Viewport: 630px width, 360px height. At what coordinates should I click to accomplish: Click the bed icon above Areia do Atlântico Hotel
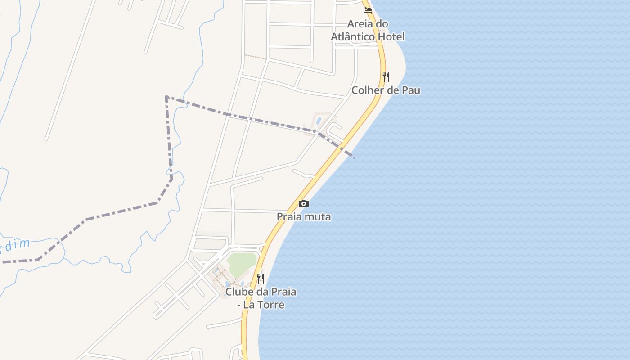click(368, 10)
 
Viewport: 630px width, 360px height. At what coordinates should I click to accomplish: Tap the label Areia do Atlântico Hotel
click(368, 30)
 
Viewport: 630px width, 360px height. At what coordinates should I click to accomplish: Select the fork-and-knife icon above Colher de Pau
click(386, 76)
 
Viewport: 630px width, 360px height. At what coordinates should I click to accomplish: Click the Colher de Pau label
click(386, 90)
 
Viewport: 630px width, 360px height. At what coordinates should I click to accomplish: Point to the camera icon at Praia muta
click(304, 203)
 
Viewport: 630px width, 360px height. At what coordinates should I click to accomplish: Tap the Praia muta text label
click(304, 217)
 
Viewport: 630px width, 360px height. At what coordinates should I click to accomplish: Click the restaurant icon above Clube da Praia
click(261, 279)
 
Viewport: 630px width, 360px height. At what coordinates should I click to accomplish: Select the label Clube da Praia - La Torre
click(261, 298)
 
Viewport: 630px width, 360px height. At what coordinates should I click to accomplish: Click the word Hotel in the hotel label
click(391, 37)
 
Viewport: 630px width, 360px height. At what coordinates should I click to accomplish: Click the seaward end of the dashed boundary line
click(355, 157)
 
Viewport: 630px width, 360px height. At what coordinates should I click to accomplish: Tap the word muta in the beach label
click(318, 217)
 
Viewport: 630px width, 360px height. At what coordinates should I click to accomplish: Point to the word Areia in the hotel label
click(360, 24)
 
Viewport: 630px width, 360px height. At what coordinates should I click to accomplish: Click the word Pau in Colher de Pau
click(412, 90)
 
